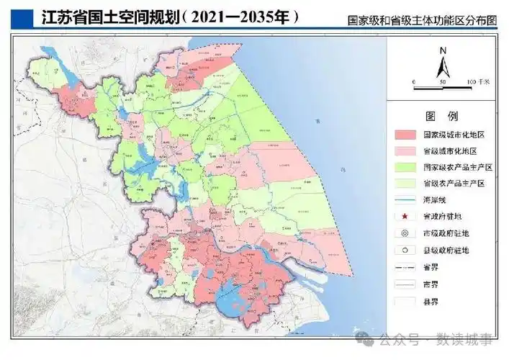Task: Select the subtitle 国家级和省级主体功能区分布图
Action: (x=420, y=22)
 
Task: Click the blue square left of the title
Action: (x=20, y=16)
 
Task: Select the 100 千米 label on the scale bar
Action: (x=478, y=84)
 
